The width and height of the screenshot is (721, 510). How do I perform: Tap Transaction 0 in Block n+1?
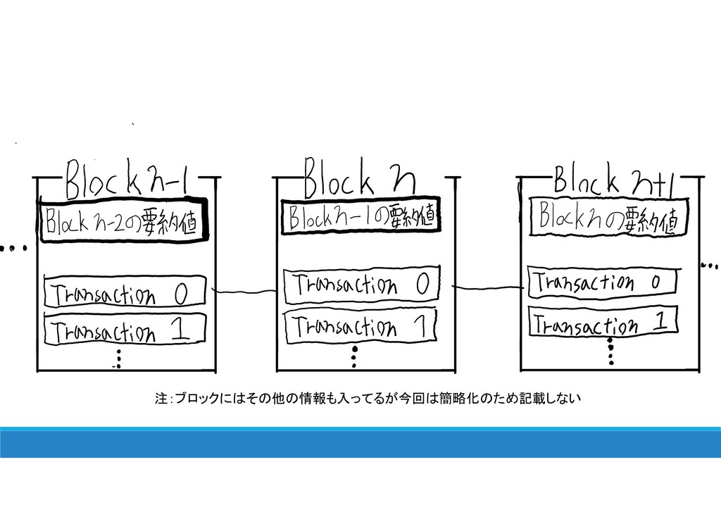tap(602, 282)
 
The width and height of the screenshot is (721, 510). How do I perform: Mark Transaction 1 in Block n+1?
tap(603, 323)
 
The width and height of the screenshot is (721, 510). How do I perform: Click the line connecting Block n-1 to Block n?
tap(244, 290)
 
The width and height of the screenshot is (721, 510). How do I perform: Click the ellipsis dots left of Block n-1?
tap(13, 248)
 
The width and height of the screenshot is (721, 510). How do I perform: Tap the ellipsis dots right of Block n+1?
tap(710, 266)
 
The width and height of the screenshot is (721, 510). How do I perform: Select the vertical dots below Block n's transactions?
tap(356, 356)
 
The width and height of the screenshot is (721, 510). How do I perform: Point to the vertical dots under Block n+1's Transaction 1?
tap(610, 351)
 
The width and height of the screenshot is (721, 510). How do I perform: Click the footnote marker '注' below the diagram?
tap(160, 399)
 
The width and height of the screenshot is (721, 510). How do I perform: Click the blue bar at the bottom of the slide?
tap(360, 444)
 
